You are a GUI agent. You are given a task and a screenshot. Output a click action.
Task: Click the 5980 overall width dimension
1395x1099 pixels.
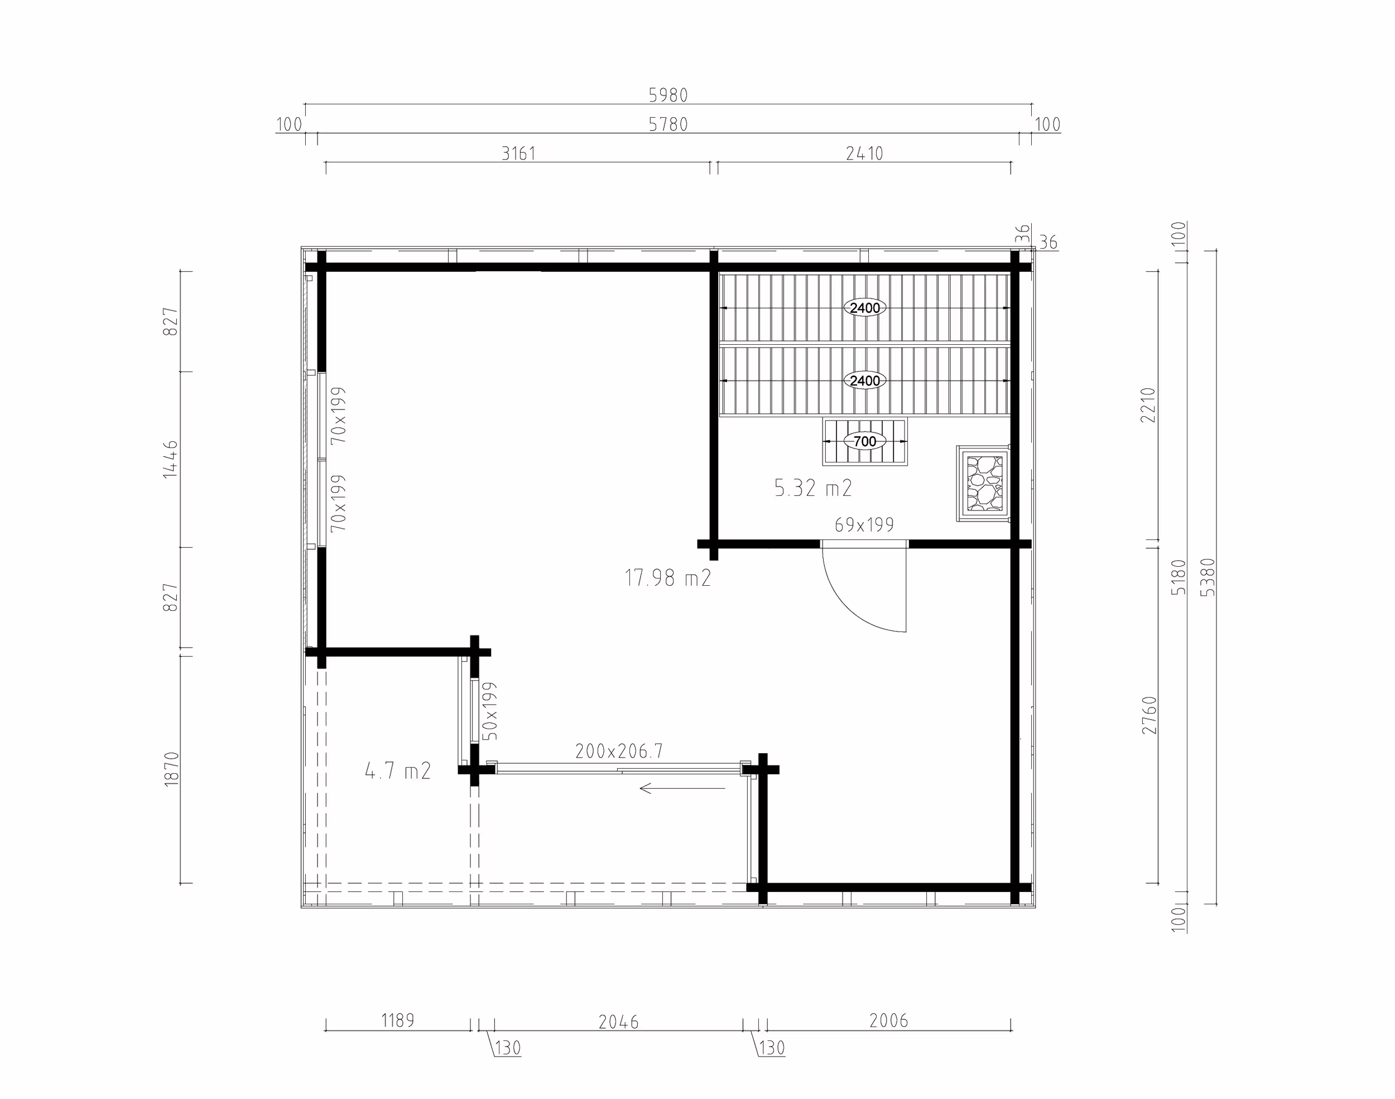(668, 95)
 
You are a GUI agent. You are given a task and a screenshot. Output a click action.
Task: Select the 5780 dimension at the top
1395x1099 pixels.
(668, 124)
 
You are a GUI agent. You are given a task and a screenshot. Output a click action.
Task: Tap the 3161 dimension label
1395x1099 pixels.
(518, 153)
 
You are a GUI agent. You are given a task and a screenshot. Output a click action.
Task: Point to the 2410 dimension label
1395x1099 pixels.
(864, 153)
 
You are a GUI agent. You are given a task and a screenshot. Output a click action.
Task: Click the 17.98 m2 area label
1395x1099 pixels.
(668, 578)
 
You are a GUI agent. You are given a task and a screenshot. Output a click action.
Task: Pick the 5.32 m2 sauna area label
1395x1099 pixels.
(814, 488)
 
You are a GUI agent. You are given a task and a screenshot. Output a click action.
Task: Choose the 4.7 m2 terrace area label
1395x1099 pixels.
(398, 770)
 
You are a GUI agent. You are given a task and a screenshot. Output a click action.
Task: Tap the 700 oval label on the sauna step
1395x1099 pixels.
(865, 441)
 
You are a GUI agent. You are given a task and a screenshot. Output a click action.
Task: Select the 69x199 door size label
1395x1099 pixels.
(864, 525)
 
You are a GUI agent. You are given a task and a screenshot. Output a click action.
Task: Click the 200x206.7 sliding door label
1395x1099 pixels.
(619, 751)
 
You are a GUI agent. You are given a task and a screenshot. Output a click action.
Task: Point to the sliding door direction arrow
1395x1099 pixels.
(682, 788)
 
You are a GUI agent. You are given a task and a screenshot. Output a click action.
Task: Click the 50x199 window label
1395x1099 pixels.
(490, 711)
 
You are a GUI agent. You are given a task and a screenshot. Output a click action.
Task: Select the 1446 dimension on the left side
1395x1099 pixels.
(171, 459)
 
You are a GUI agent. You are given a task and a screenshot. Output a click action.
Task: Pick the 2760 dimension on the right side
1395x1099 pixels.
(1149, 715)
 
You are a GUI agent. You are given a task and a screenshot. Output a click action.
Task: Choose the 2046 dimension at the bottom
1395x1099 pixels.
(618, 1022)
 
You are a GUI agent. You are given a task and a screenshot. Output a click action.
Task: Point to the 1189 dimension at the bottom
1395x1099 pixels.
(398, 1020)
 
